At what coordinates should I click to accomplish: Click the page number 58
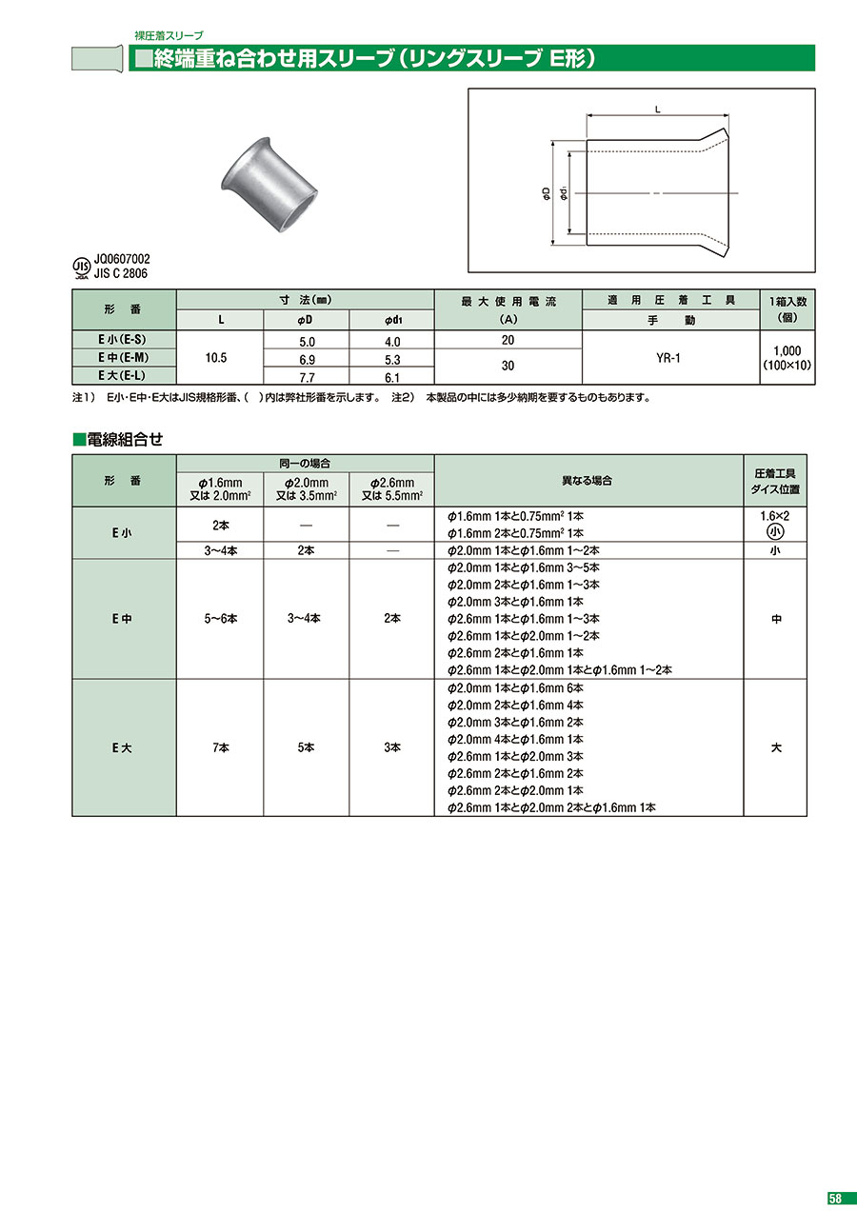[834, 1198]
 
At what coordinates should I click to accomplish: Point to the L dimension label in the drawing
[658, 111]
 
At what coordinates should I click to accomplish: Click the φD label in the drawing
[546, 193]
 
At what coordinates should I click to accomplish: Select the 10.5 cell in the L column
[220, 357]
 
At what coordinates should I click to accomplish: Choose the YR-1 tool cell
[669, 357]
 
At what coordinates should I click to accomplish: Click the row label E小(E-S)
[124, 340]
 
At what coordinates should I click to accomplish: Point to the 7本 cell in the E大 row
[220, 747]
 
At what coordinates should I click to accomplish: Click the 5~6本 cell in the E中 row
[220, 619]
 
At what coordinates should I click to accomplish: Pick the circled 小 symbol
[775, 532]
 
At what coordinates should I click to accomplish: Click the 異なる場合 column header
[588, 480]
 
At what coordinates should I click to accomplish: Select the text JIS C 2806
[122, 273]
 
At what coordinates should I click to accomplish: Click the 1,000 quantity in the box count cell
[787, 350]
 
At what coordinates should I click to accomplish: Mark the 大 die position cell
[775, 747]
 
